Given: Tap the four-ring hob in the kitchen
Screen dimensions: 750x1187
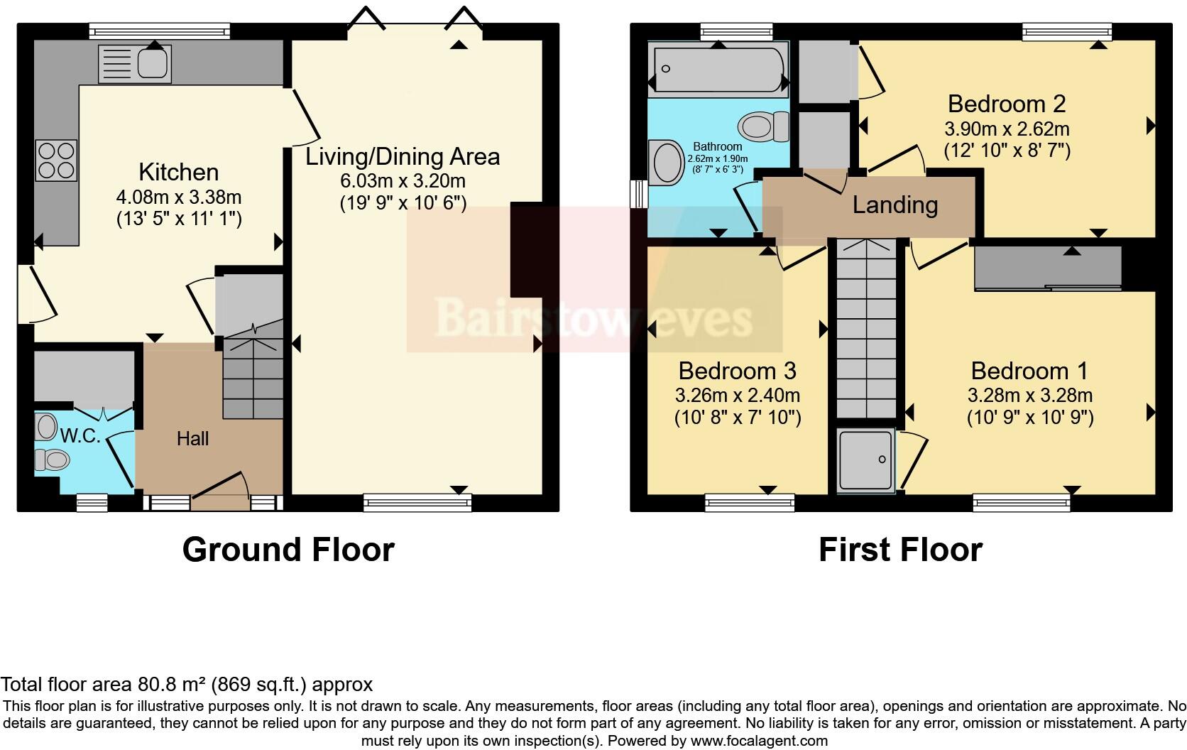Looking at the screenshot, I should (56, 161).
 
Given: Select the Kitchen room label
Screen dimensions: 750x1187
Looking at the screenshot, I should (178, 173).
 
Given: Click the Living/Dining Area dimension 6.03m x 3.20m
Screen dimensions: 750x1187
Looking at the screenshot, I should (403, 180).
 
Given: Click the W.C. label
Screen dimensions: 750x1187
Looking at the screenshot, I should (80, 436).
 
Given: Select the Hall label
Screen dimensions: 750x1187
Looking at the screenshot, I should (192, 439).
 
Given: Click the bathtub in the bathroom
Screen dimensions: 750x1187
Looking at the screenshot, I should (718, 70).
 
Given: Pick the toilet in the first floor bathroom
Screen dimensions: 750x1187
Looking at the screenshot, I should (764, 127).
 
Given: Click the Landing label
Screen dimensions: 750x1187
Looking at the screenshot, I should (895, 205).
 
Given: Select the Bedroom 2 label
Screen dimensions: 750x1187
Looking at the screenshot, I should (1006, 104).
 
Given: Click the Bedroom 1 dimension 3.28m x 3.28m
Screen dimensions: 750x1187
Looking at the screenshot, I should (1029, 396).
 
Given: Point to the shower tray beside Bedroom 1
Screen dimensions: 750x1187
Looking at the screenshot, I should (865, 461).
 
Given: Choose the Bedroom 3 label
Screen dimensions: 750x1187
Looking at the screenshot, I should (737, 371).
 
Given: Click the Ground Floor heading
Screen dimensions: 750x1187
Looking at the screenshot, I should (288, 550).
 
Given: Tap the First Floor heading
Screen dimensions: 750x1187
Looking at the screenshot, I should (899, 550).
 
